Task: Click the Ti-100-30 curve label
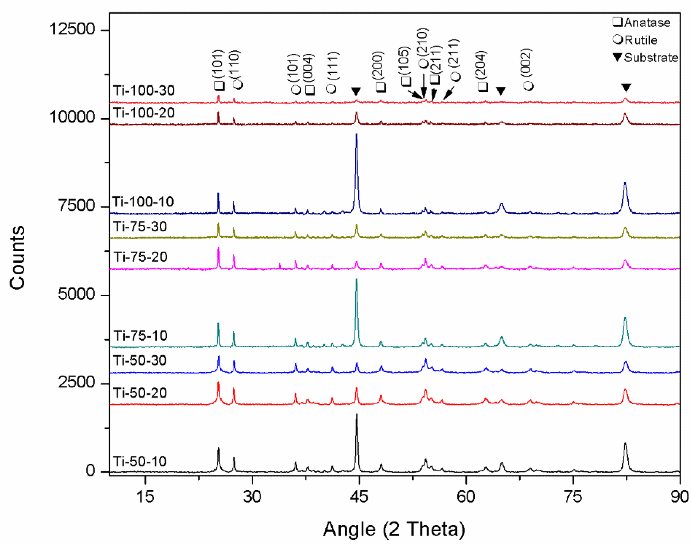tap(144, 91)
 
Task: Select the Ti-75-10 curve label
tap(140, 336)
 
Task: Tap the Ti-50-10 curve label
tap(140, 461)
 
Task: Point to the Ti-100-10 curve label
tap(143, 202)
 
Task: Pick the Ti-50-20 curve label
tap(140, 393)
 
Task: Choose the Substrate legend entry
tap(645, 58)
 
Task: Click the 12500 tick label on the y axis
tap(72, 29)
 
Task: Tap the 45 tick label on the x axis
tap(359, 497)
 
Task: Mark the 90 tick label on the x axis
tap(679, 497)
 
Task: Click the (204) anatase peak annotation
tap(482, 70)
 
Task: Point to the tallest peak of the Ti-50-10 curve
tap(356, 415)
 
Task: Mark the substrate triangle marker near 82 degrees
tap(626, 87)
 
